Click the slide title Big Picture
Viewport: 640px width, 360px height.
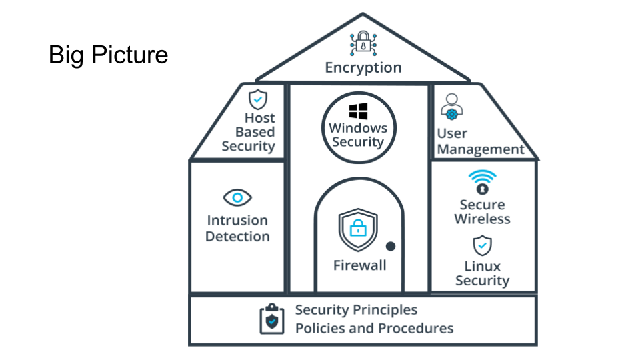108,55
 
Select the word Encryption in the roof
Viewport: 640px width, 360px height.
363,67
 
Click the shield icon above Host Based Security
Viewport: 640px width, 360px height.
257,99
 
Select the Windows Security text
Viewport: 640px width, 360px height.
358,135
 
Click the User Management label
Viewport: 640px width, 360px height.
481,141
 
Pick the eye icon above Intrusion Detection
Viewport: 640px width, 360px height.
237,197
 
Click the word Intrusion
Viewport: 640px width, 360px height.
237,220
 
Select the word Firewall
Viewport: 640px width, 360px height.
359,265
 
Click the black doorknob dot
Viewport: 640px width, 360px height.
391,246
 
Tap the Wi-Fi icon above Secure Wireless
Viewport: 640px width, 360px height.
482,181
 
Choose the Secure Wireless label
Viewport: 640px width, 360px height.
482,211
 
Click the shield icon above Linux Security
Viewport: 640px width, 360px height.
482,246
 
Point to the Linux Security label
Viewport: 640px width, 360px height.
482,273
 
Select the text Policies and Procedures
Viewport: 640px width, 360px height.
374,328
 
